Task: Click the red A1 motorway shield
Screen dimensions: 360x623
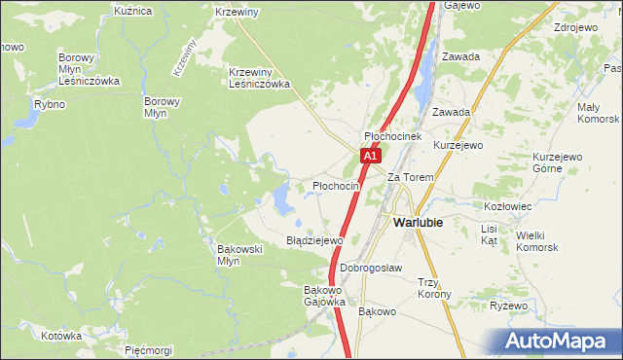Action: (x=369, y=156)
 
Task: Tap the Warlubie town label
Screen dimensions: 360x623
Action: (x=418, y=222)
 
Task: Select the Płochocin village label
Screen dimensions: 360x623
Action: (x=336, y=185)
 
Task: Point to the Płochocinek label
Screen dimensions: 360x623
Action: (x=392, y=137)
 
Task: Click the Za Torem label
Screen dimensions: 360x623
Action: (x=410, y=177)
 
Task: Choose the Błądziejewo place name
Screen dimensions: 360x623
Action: (x=314, y=240)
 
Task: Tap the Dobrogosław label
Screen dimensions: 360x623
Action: (x=371, y=268)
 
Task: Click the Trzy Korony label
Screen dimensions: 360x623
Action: (x=434, y=288)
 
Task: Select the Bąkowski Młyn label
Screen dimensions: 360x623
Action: (x=239, y=255)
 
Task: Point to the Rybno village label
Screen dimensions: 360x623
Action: (x=49, y=104)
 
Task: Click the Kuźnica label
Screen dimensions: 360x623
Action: (x=132, y=11)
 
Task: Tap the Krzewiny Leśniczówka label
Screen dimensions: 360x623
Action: (x=260, y=78)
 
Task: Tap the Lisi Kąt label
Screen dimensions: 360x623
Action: (x=489, y=234)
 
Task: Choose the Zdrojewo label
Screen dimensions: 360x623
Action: (x=574, y=27)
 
